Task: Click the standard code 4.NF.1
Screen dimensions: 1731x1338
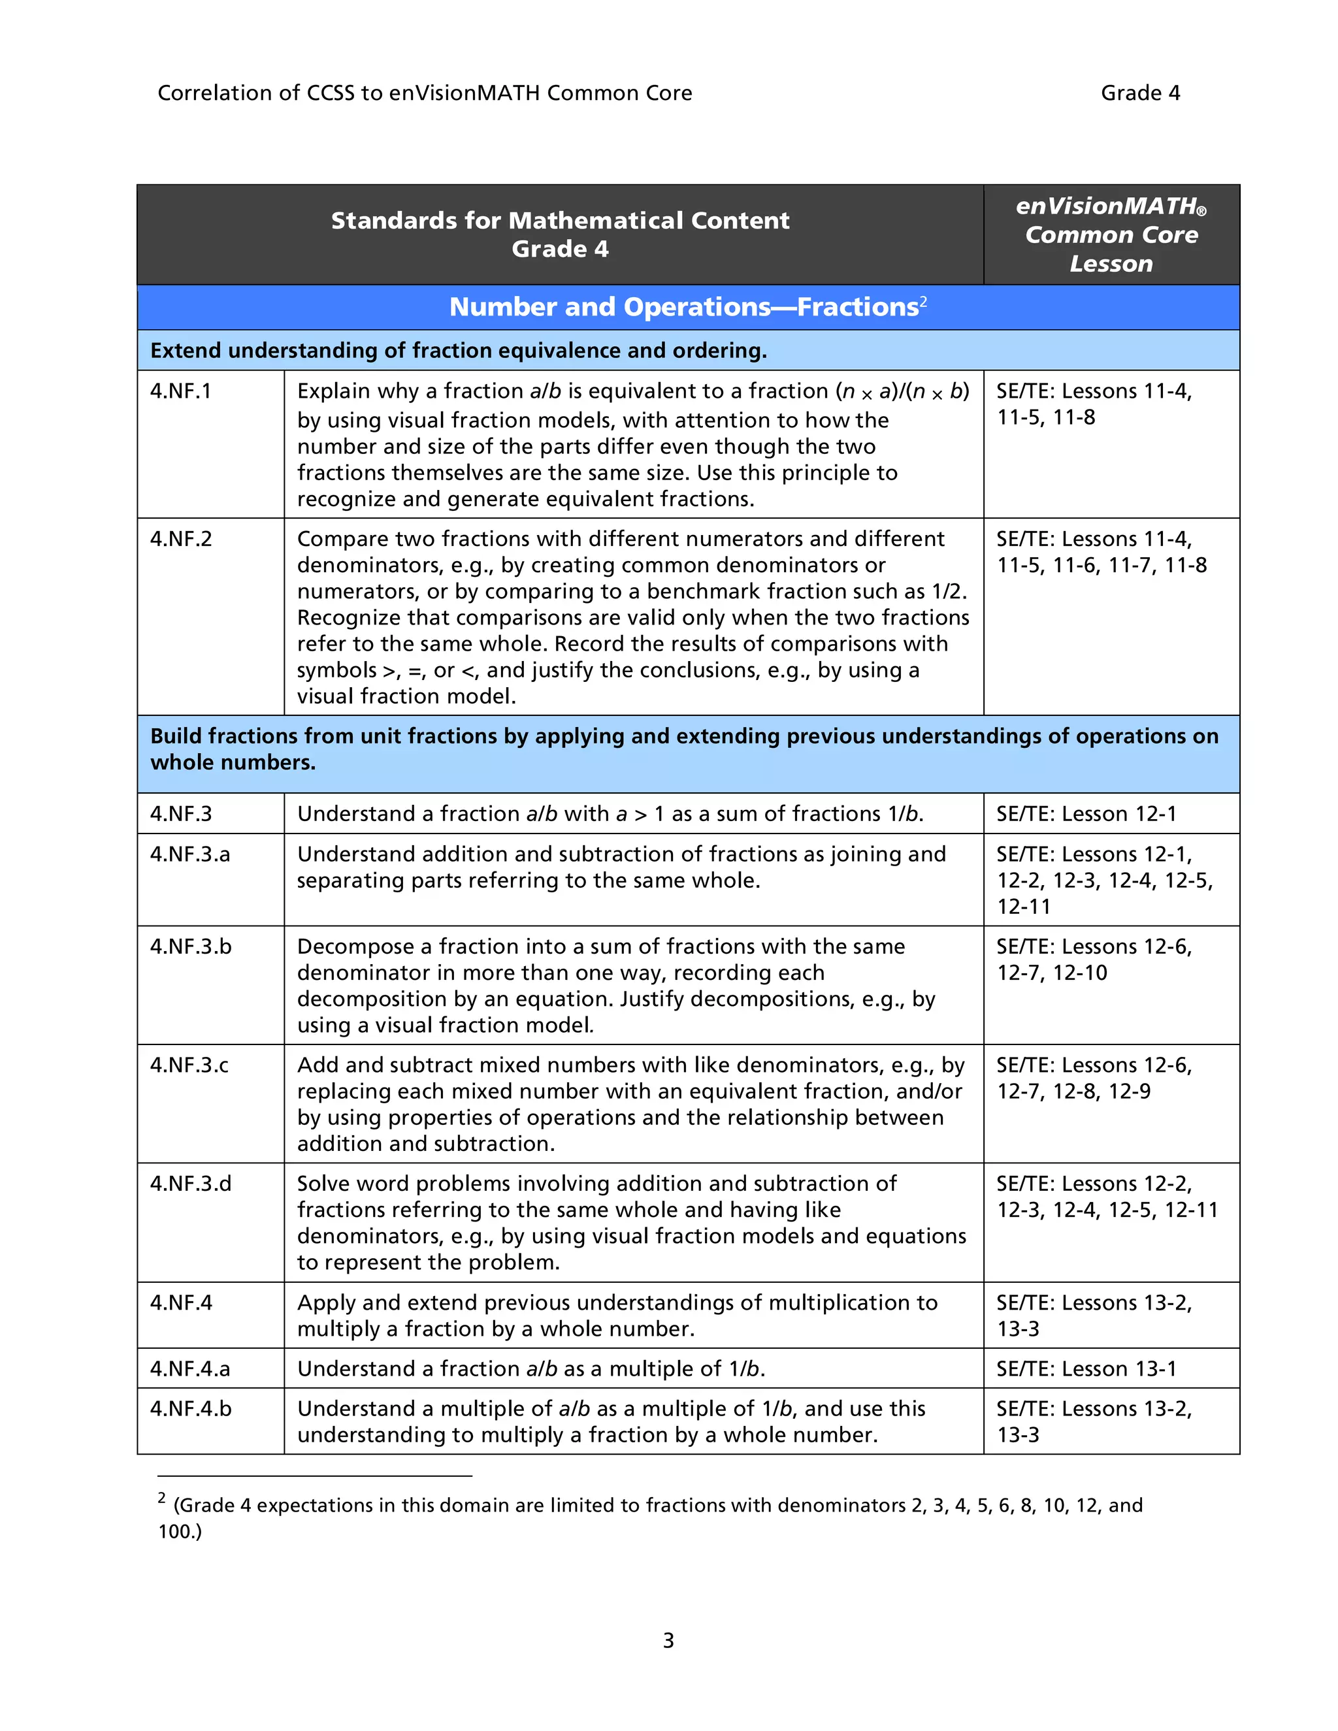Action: tap(181, 391)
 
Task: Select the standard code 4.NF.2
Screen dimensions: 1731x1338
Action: tap(181, 540)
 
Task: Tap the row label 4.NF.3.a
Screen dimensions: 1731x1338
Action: tap(189, 854)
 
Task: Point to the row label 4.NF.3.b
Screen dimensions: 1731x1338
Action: tap(190, 947)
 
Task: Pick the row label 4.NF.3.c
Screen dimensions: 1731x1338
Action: tap(189, 1065)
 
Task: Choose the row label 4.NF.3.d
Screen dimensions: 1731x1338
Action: tap(190, 1184)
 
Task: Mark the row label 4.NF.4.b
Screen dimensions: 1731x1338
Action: tap(190, 1409)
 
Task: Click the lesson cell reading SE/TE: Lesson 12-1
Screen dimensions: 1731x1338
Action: tap(1086, 815)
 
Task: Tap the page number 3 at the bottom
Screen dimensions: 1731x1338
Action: tap(668, 1641)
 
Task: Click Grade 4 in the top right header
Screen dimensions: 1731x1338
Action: tap(1140, 93)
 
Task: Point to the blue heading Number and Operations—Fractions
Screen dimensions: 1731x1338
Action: tap(683, 308)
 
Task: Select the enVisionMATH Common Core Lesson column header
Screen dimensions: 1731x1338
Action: tap(1111, 235)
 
